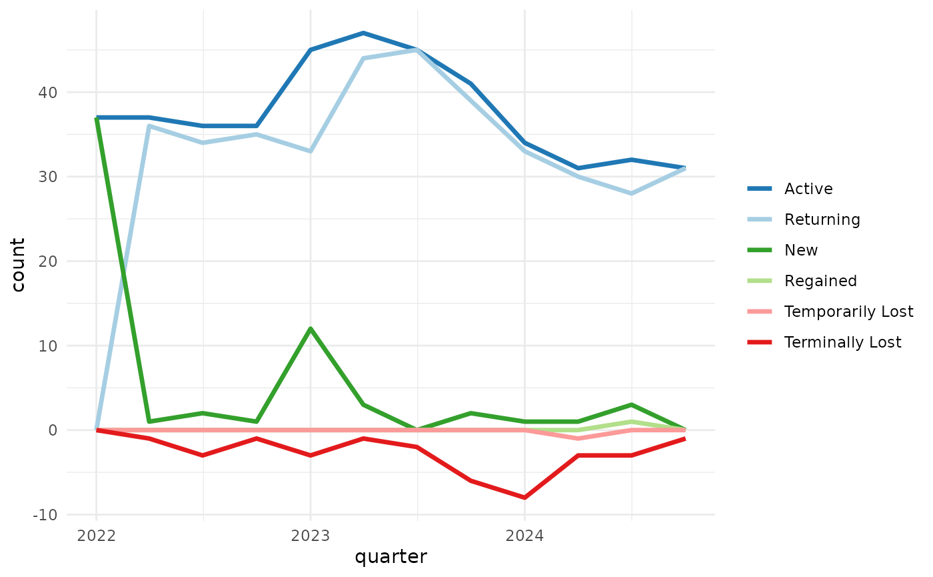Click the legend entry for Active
[808, 189]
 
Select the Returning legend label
[822, 219]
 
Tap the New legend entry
[801, 250]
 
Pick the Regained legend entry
[820, 281]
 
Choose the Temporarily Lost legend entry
[848, 312]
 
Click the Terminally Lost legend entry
[842, 342]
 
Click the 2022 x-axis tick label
[96, 536]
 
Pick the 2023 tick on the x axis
[310, 536]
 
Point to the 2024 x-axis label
[524, 536]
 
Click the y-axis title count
[18, 265]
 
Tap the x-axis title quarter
[391, 557]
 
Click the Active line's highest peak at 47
[363, 33]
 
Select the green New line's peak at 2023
[310, 329]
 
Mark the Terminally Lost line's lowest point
[524, 498]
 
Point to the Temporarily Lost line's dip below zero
[578, 438]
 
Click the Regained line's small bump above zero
[631, 422]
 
